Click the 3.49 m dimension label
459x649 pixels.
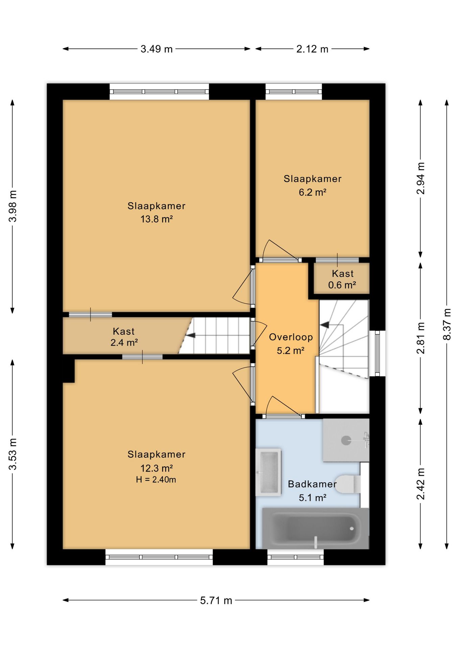point(156,49)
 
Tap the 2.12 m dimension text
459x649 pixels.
point(312,49)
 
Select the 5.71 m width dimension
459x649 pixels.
point(216,601)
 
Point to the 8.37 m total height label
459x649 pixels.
point(447,324)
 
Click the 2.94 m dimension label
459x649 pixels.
point(421,178)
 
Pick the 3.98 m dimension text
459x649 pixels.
point(13,206)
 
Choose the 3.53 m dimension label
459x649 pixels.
point(13,454)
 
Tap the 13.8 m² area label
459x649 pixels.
point(156,219)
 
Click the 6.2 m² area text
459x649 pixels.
point(312,192)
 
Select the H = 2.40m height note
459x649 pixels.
point(156,479)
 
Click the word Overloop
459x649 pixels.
point(291,337)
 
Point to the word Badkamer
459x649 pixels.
point(312,484)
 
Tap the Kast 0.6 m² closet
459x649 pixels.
point(342,279)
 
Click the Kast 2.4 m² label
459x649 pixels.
point(124,337)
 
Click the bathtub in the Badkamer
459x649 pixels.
point(316,528)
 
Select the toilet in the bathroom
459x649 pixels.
point(347,484)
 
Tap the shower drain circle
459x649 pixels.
point(346,440)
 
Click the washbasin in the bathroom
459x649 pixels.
point(268,472)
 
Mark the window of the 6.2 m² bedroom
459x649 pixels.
point(294,92)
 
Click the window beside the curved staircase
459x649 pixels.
point(378,353)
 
